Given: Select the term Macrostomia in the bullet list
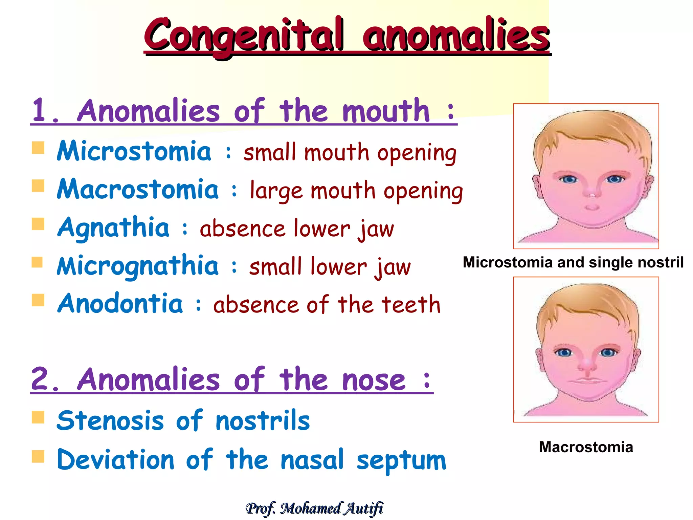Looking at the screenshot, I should coord(138,189).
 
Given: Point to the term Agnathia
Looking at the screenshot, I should coord(113,227).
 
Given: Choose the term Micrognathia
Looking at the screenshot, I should coord(138,266).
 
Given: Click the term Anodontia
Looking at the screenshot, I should coord(120,304).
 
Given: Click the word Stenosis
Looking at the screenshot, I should coord(110,421).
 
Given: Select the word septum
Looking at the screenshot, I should coord(401,460).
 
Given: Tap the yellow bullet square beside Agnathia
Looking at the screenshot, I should coord(38,224).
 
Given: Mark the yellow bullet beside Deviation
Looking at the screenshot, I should coord(38,456).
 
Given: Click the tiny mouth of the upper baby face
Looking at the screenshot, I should coord(592,207).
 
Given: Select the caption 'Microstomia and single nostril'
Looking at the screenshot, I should coord(573,262).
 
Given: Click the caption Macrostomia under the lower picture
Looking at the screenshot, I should coord(586,447).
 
